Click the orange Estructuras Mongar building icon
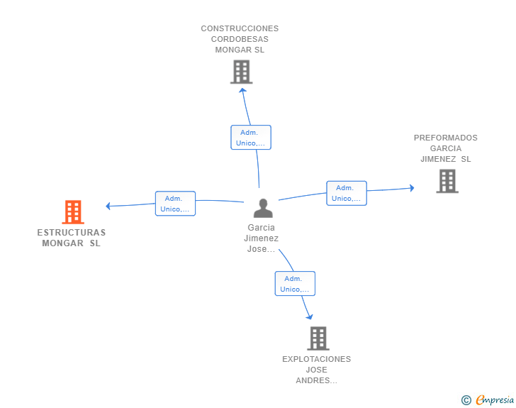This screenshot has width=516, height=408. (73, 211)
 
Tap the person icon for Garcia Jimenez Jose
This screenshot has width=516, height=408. (263, 208)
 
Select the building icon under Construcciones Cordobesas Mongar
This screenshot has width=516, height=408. (241, 72)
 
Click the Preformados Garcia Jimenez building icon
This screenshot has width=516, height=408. (447, 181)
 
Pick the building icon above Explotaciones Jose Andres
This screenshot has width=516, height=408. (318, 338)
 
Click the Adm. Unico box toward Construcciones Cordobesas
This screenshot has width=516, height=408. (251, 138)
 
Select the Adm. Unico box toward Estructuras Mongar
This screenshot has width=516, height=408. (175, 204)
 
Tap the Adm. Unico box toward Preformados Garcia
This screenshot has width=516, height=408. (346, 193)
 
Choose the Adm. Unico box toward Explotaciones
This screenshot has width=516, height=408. (295, 284)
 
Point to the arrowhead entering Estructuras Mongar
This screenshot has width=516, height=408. (108, 206)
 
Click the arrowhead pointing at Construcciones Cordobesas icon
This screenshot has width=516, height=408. (242, 89)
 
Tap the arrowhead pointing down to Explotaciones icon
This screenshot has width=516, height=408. (308, 316)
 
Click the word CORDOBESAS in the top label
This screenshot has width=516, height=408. (240, 40)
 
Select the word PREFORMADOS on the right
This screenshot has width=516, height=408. (446, 138)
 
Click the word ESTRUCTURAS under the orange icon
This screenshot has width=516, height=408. (71, 233)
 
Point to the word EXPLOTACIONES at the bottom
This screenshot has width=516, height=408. (316, 359)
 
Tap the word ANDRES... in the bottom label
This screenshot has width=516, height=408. (316, 380)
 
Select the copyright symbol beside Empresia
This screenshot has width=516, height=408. (466, 400)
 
